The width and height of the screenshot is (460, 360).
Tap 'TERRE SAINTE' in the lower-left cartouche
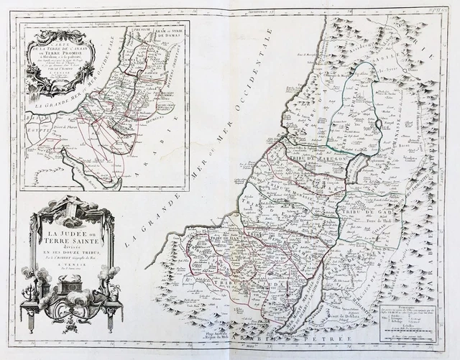[x=74, y=243]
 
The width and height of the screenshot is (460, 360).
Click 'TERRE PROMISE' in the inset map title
[x=60, y=47]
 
